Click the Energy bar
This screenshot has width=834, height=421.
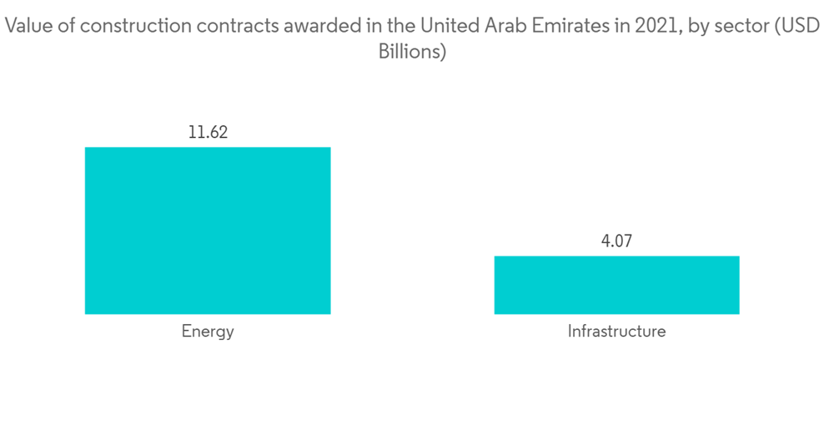pos(208,231)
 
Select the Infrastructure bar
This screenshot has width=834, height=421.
pos(616,285)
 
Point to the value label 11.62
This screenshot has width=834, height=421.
pos(208,132)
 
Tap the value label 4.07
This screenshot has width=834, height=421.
pos(616,241)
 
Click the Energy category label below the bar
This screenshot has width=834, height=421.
pos(208,332)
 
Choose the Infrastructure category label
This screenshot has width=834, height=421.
pos(616,332)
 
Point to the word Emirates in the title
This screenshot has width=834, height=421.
pos(554,27)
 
